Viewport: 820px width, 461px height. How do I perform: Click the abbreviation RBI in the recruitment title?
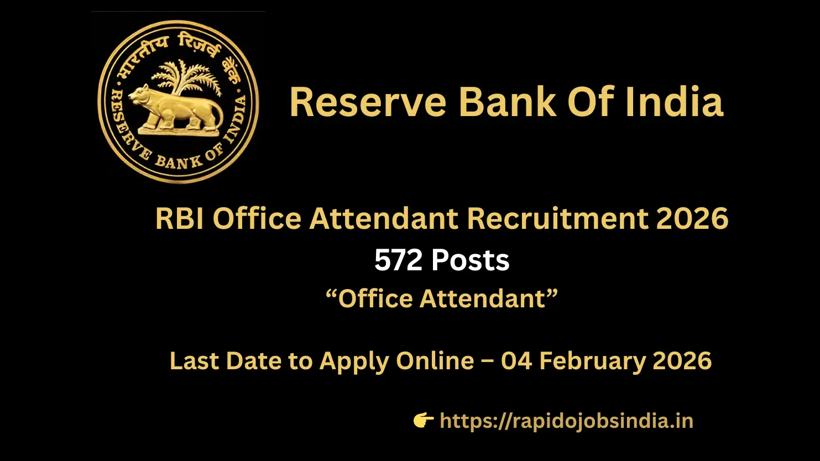(180, 218)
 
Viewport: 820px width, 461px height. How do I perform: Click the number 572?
(398, 260)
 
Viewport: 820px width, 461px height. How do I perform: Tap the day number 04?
(516, 361)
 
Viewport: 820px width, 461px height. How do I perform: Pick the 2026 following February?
(682, 361)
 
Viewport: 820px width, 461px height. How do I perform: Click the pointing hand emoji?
(424, 421)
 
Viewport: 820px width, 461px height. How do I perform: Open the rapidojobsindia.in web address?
(566, 421)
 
